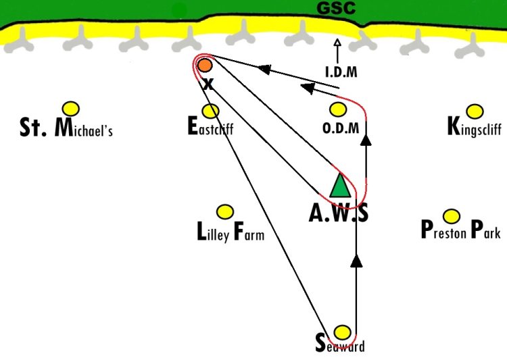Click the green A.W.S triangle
tap(340, 186)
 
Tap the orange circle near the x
tap(204, 66)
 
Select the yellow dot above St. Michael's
tap(70, 108)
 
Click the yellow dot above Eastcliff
tap(211, 110)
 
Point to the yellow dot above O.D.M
tap(337, 109)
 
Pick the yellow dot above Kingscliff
tap(475, 111)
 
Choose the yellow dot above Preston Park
tap(452, 216)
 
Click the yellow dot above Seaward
tap(343, 332)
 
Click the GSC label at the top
tap(336, 9)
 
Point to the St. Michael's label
tap(66, 128)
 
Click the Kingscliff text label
tap(474, 127)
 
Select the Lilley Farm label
tap(230, 234)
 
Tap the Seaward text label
tap(340, 345)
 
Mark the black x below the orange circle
tap(208, 84)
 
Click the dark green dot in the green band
tap(179, 9)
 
